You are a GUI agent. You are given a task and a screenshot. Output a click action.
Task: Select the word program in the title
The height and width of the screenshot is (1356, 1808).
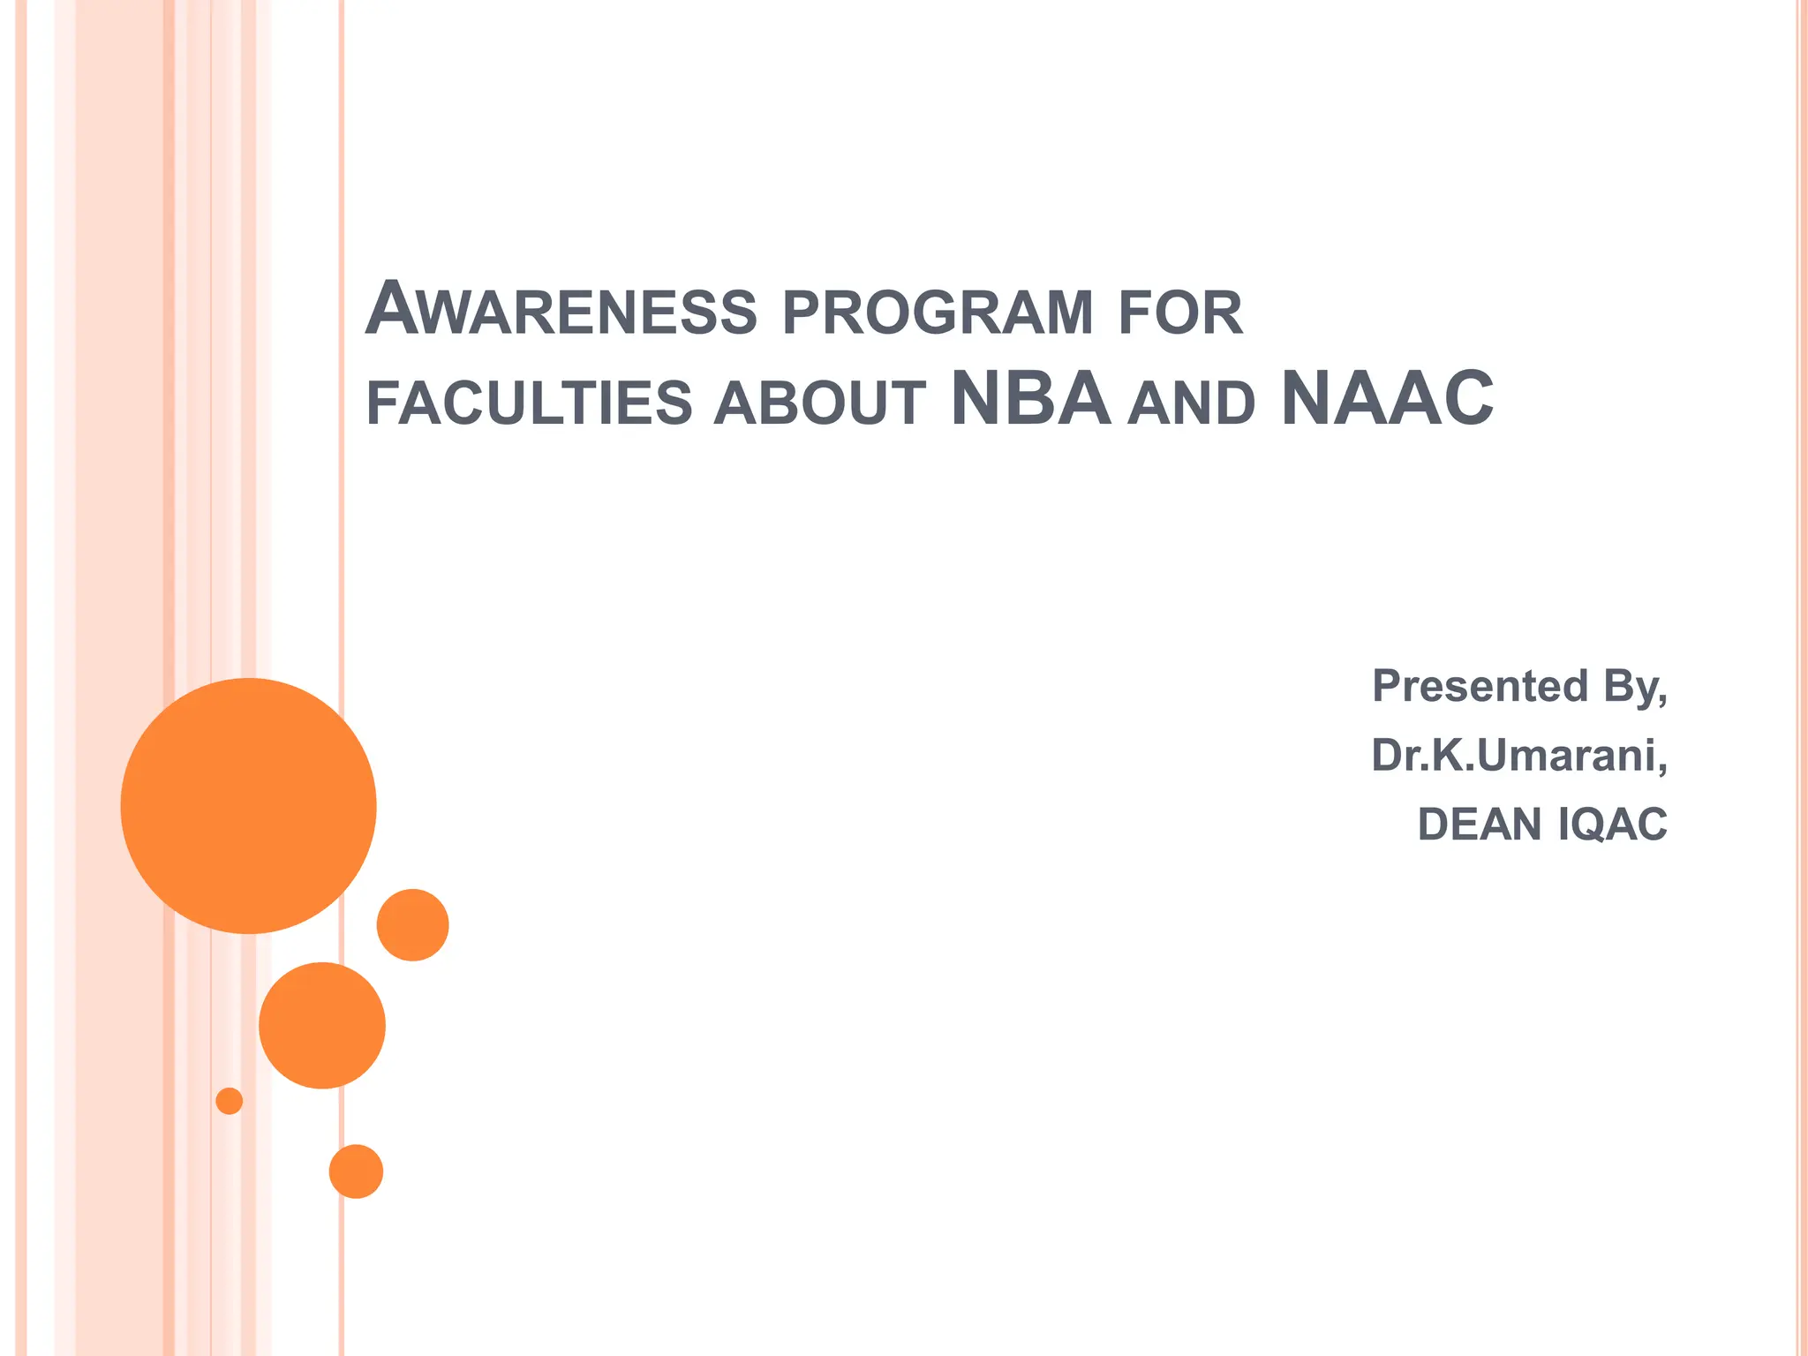point(938,313)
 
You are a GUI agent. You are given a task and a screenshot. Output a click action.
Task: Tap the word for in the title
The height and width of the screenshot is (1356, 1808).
point(1180,313)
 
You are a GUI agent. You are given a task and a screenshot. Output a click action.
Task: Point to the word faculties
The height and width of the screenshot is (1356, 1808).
point(529,403)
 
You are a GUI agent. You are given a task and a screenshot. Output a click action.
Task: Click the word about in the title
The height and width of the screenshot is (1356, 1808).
point(820,403)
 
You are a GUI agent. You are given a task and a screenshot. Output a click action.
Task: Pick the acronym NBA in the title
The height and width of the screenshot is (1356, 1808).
point(1030,399)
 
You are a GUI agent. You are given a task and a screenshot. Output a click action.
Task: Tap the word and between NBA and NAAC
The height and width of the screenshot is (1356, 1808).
point(1191,403)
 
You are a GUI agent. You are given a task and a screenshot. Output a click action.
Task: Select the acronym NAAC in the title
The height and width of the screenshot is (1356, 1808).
point(1387,399)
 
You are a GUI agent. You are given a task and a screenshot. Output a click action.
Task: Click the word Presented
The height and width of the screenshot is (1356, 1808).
point(1480,686)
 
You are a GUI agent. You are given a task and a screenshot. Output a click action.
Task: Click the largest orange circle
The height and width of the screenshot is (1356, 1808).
point(249,806)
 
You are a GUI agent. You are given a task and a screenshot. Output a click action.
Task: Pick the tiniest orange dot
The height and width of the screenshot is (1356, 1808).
point(230,1101)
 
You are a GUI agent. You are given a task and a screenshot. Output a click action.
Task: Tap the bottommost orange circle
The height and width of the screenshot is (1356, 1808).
point(356,1171)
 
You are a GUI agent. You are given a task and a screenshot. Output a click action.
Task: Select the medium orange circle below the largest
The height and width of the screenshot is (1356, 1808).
point(322,1025)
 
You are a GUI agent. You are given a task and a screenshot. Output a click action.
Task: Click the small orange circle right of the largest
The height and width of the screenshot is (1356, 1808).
point(413,925)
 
